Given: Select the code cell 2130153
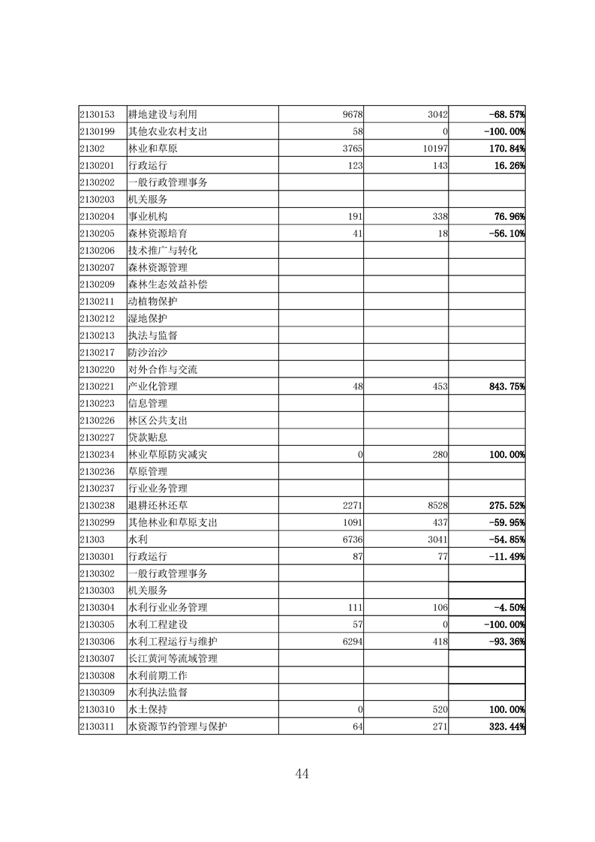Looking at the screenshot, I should click(97, 114).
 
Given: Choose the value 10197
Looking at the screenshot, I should click(434, 149).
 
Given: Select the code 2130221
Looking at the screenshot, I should click(97, 386).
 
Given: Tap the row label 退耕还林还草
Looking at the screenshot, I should click(158, 505).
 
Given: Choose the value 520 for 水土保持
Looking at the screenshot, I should click(440, 709).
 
